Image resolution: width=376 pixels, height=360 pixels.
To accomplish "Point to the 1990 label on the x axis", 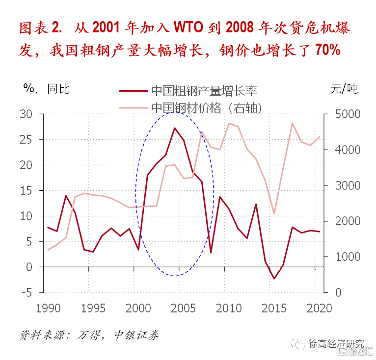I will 48,309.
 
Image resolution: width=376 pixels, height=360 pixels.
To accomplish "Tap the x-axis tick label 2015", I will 274,309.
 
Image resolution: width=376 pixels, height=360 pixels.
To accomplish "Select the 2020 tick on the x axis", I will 320,309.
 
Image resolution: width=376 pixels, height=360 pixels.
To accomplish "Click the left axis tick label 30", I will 26,114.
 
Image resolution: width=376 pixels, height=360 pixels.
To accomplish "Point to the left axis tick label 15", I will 26,191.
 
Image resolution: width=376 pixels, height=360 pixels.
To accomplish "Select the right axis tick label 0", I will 338,293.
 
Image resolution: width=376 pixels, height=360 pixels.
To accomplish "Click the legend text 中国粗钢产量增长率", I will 204,90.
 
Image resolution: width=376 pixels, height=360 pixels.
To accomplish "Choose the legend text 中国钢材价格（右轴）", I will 206,107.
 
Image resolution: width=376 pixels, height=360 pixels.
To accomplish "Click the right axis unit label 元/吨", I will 344,89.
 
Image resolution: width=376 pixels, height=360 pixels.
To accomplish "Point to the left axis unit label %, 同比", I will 47,89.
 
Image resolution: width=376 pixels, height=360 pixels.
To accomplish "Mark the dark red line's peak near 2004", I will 175,128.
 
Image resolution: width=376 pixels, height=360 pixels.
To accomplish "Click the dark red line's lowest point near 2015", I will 274,279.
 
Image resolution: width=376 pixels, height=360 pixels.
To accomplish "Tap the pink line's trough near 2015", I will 274,214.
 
